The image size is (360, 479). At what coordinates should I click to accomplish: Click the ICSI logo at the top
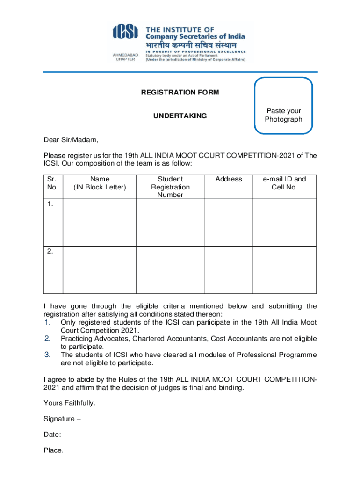point(126,32)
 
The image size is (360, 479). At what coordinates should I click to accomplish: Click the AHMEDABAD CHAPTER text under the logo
point(125,57)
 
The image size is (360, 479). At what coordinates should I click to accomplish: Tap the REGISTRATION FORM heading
point(180,93)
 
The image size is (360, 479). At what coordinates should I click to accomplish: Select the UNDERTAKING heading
point(180,116)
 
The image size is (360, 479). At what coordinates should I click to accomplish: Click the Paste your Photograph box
point(283,106)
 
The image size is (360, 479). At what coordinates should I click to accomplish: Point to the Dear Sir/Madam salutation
point(71,140)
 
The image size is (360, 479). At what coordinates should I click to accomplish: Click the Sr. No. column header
point(53,183)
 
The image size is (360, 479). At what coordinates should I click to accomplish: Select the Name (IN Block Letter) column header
point(100,183)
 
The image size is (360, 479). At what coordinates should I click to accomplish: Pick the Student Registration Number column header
point(170,187)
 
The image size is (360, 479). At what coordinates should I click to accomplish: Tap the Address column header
point(229,179)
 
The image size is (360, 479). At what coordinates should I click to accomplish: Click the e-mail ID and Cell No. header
point(284,183)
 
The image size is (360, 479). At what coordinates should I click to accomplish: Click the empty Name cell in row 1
point(100,222)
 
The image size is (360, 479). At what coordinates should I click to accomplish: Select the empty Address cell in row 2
point(229,270)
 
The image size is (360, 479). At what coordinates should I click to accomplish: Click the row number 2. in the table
point(50,251)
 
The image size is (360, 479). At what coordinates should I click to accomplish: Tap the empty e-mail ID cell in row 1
point(284,222)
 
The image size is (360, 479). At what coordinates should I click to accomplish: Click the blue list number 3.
point(47,354)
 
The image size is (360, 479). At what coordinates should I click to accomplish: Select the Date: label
point(52,435)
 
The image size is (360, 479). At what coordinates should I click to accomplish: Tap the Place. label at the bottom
point(53,450)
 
